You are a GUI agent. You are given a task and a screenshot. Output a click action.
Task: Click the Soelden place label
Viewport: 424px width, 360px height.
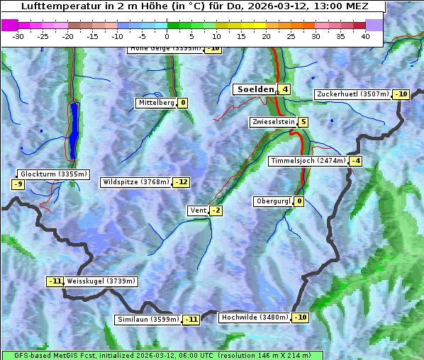pyautogui.click(x=255, y=89)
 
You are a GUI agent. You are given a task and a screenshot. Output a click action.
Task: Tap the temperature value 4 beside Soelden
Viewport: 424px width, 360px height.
pyautogui.click(x=284, y=89)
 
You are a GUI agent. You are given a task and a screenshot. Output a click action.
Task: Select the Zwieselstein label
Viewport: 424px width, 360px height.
pyautogui.click(x=273, y=122)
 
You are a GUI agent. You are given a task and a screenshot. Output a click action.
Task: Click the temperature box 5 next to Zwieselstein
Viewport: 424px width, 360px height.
pyautogui.click(x=303, y=122)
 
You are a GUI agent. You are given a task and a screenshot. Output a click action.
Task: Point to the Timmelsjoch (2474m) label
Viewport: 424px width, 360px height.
pyautogui.click(x=308, y=161)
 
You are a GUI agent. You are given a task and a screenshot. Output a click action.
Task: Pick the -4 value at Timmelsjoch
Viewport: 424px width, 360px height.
pyautogui.click(x=355, y=161)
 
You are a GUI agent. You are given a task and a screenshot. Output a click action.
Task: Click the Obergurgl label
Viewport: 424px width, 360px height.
pyautogui.click(x=273, y=201)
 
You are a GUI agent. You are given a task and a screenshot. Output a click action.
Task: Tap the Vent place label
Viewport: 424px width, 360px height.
pyautogui.click(x=198, y=210)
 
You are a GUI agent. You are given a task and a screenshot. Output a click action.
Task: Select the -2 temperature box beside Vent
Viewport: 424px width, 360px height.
pyautogui.click(x=216, y=210)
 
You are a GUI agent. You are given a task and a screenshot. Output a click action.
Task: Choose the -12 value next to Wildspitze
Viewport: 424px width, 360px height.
pyautogui.click(x=182, y=182)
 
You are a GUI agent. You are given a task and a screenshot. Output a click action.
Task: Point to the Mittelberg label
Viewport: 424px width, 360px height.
pyautogui.click(x=156, y=103)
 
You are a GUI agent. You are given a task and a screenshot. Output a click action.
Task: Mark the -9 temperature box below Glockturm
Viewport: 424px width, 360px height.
pyautogui.click(x=18, y=184)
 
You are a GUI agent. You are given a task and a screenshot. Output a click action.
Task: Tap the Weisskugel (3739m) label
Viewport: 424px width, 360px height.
pyautogui.click(x=101, y=281)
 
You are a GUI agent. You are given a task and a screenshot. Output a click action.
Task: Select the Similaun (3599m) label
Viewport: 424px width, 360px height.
pyautogui.click(x=148, y=320)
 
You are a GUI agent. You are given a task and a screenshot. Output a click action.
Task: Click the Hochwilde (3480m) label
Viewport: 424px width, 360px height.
pyautogui.click(x=255, y=317)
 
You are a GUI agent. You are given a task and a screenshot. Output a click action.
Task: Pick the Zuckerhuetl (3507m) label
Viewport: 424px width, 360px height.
pyautogui.click(x=353, y=94)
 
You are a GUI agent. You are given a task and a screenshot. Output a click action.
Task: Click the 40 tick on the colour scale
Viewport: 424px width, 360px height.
pyautogui.click(x=365, y=36)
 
